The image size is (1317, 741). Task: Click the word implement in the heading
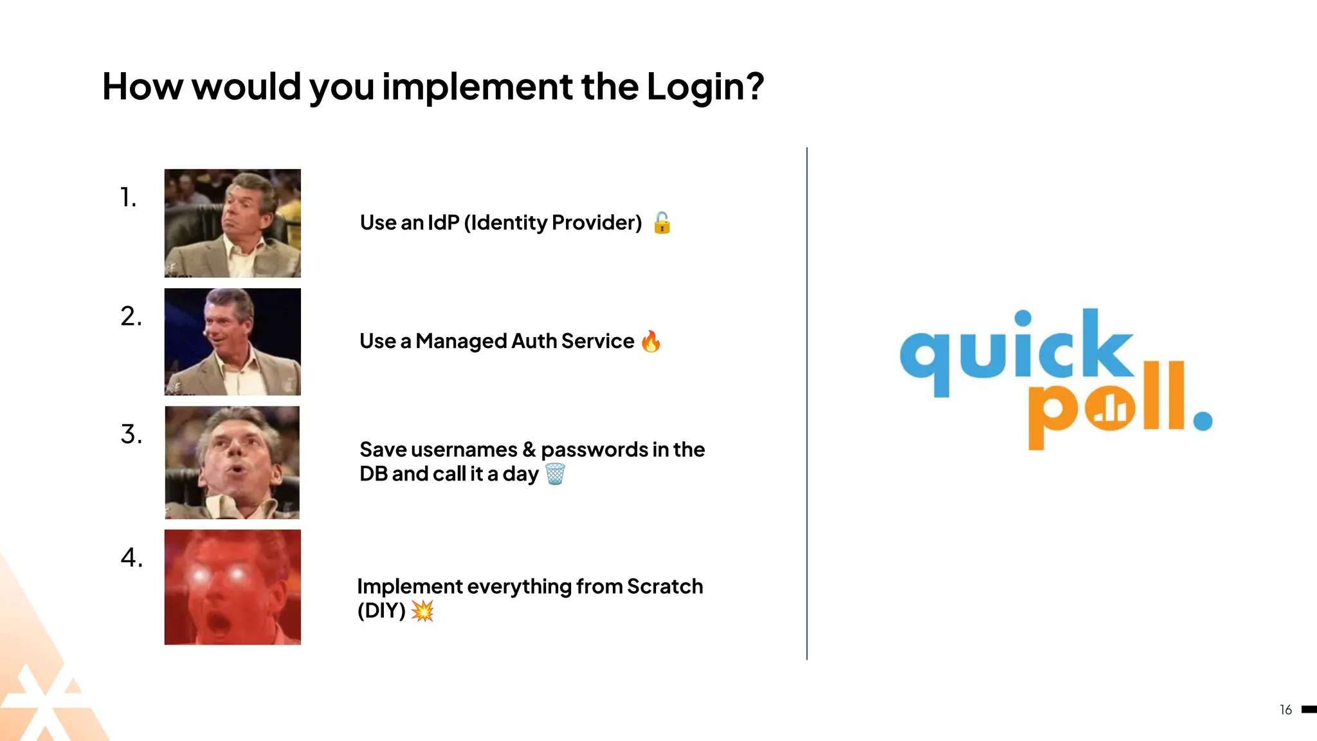477,87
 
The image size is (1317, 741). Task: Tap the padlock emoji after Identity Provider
662,223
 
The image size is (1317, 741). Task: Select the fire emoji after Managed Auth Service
651,342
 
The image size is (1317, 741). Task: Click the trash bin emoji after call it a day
555,474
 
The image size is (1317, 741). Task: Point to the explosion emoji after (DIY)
422,610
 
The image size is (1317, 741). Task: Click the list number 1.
128,197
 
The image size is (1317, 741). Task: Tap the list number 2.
131,316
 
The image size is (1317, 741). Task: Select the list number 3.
131,435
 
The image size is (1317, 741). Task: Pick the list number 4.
131,558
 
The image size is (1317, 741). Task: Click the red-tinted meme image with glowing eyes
232,587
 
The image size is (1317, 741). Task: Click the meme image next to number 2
232,342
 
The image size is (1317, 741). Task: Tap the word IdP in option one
443,223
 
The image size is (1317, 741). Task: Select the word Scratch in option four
664,587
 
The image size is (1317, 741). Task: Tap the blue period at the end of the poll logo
1202,421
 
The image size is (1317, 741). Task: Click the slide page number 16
1285,709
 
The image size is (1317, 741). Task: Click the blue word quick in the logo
1016,351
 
